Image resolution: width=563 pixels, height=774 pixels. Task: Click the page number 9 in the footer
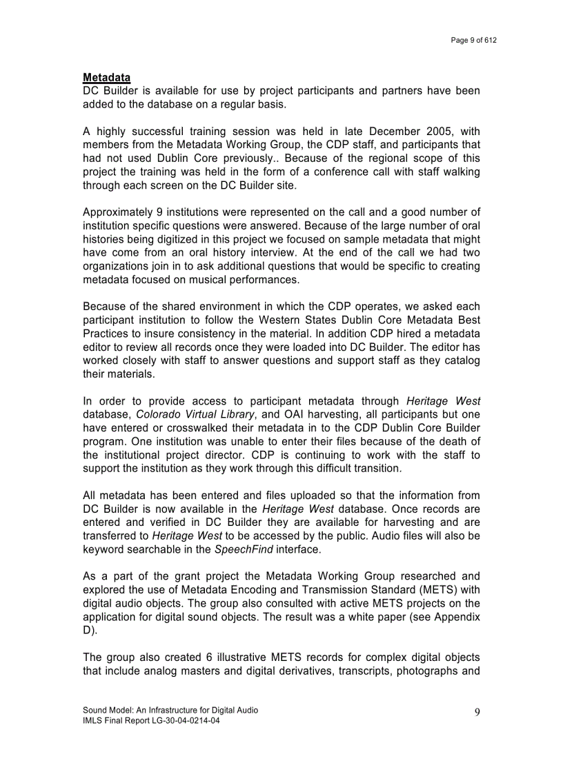(x=477, y=713)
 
